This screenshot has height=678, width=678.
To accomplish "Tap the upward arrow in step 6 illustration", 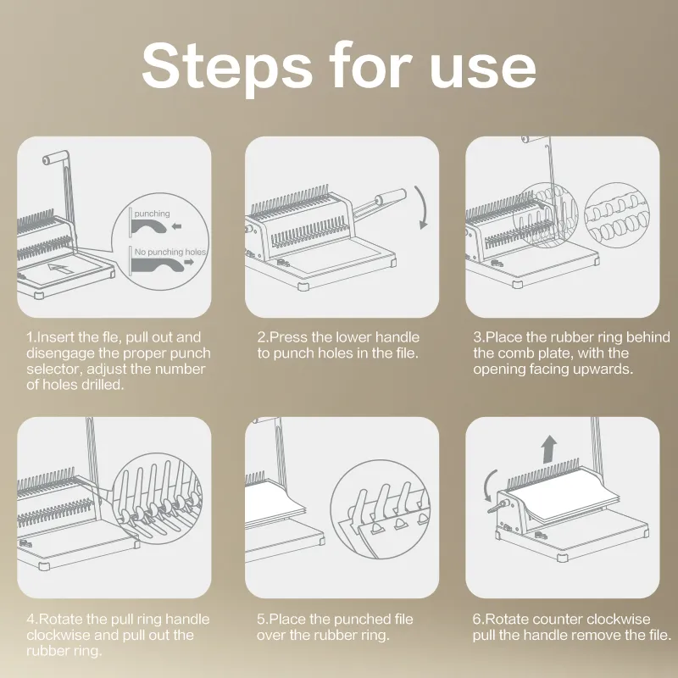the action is coord(549,449).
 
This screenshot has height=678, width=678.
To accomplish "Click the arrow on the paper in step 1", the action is coord(60,269).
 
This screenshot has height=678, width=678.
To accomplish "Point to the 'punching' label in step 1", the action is coord(152,214).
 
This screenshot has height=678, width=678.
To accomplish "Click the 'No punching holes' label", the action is coord(170,252).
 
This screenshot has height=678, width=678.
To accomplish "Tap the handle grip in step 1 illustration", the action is coord(55,158).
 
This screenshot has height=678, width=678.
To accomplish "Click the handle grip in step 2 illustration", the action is coord(391,196).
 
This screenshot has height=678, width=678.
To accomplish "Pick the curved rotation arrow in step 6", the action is coord(488,485).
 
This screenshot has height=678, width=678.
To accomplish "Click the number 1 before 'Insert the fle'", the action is coord(30,337).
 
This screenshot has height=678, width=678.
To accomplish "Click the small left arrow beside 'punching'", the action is coord(176,225).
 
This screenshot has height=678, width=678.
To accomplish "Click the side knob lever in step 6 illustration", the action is coord(497,506).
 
